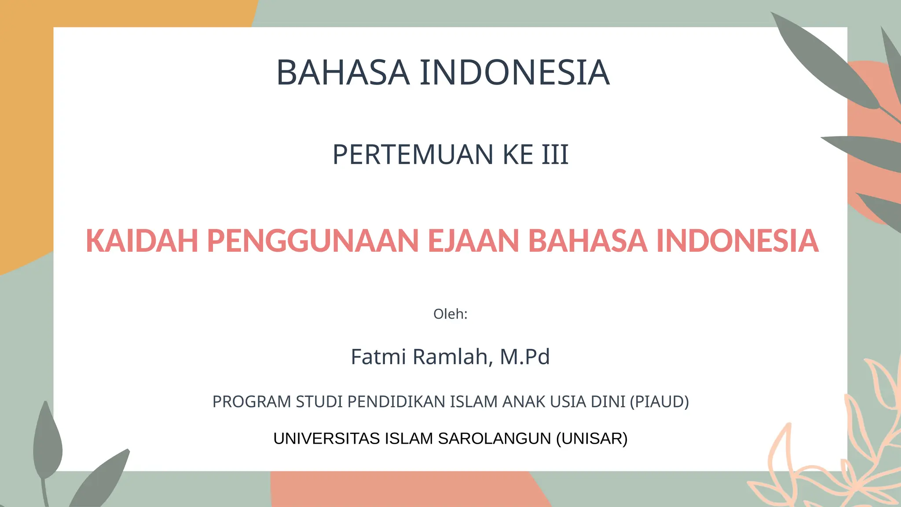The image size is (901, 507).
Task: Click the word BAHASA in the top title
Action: pos(343,73)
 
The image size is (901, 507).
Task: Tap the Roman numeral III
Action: pos(555,155)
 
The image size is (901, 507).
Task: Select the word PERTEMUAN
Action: pos(413,155)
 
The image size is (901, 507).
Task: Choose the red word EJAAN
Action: pos(473,241)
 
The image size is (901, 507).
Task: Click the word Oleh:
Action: pos(450,314)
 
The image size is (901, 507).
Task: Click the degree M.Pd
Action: pos(525,357)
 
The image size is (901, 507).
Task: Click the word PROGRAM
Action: pos(252,402)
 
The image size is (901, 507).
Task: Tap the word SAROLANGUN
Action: pos(494,439)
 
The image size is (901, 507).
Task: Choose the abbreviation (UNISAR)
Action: pos(592,439)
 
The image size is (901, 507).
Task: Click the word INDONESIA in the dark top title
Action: pos(514,73)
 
